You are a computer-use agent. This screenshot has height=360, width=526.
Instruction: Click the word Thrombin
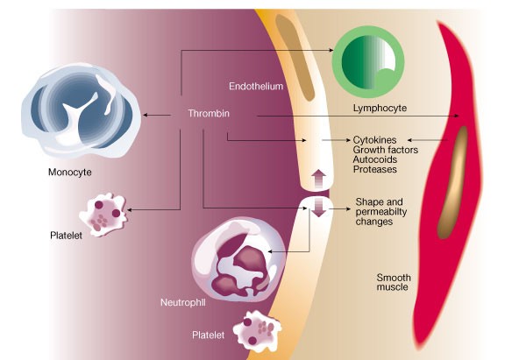coord(208,114)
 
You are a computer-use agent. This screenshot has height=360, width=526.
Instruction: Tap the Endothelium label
coord(255,87)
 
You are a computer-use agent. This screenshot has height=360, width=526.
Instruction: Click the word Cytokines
coord(375,139)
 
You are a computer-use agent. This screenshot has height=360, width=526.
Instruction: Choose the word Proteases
coord(376,168)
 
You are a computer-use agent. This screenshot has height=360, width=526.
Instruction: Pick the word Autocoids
coord(376,159)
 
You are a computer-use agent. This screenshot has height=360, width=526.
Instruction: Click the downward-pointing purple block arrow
coord(318,208)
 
